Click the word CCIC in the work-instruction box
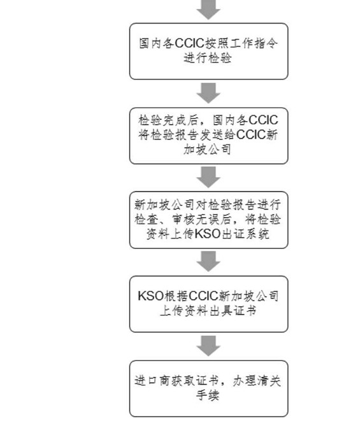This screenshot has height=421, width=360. tap(190, 43)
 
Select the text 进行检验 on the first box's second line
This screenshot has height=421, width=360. tap(208, 58)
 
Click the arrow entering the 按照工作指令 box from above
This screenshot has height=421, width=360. tap(208, 10)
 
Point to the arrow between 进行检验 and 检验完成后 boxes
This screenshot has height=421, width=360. tap(208, 93)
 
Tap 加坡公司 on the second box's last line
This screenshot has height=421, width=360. tap(208, 149)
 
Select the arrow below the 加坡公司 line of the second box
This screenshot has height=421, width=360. tap(208, 177)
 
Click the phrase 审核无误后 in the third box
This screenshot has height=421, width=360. tap(201, 219)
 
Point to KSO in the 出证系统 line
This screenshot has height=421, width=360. tap(207, 234)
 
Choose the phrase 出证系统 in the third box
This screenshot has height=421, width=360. tap(245, 234)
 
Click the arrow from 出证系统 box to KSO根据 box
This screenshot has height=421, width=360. tap(208, 261)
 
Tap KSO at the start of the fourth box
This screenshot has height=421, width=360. tap(151, 296)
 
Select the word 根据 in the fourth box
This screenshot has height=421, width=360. tap(176, 296)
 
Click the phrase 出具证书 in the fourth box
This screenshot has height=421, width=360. tap(233, 311)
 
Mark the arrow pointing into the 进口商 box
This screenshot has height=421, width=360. tap(208, 346)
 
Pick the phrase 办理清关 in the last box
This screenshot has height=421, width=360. tap(257, 381)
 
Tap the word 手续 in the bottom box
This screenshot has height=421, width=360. tap(208, 396)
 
